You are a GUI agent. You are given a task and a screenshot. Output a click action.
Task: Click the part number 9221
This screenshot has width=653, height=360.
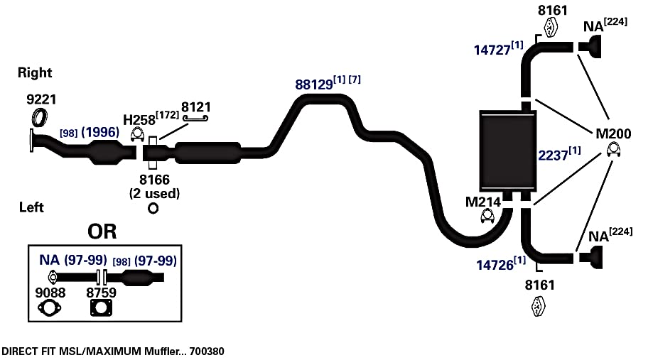[x=41, y=99]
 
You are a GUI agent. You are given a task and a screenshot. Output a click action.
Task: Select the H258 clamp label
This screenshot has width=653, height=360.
[x=139, y=120]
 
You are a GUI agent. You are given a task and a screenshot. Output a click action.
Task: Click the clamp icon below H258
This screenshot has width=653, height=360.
[x=137, y=135]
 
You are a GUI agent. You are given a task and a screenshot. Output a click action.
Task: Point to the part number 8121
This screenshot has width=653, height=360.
[x=195, y=107]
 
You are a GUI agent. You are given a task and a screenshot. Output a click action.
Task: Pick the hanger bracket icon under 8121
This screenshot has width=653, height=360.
[x=195, y=119]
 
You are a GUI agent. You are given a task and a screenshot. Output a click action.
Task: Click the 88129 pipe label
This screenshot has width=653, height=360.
[x=314, y=84]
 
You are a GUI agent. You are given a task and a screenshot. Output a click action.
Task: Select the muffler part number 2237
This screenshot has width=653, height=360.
[x=553, y=156]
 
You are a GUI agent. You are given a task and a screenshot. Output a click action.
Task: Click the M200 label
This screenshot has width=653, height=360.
[x=613, y=133]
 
